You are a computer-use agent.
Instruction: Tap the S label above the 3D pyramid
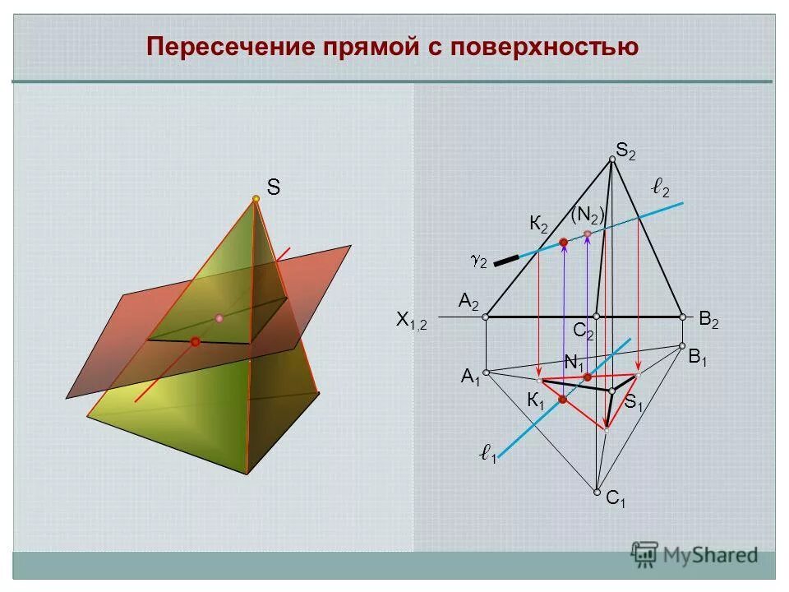point(273,188)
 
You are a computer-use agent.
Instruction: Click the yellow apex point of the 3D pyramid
point(256,199)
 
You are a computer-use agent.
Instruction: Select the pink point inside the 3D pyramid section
point(219,317)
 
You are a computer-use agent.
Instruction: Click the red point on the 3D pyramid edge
point(196,341)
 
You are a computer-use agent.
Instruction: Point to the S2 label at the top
point(626,150)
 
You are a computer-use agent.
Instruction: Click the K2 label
point(539,224)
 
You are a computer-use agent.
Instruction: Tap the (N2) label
point(588,215)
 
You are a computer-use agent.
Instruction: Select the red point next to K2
point(564,242)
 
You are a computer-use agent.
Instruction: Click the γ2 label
point(478,261)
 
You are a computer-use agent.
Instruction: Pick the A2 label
point(469,303)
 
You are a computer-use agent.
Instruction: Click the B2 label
point(708,320)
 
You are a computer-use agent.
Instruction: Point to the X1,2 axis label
point(412,321)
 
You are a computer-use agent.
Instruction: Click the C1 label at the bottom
point(616,499)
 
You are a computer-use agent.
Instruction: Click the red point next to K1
point(563,400)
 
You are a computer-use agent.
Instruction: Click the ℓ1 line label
point(488,452)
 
